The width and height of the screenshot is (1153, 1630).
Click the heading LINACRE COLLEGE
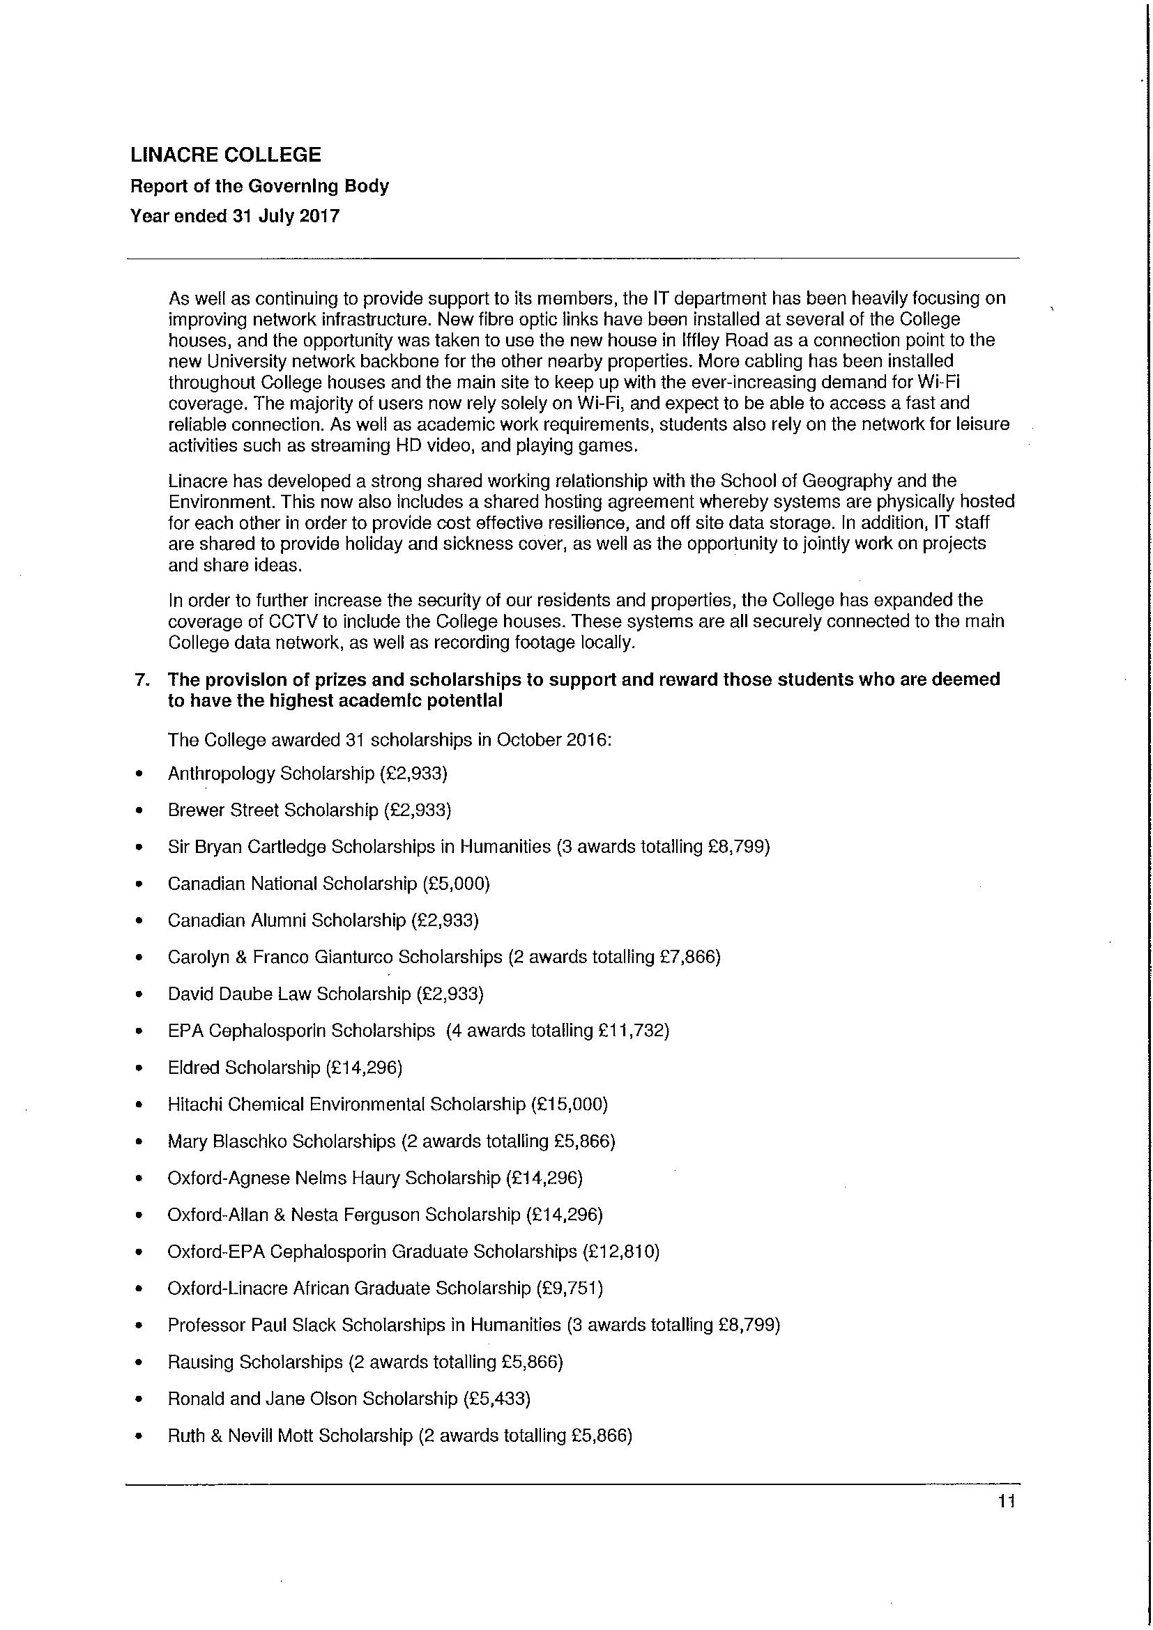[226, 155]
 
